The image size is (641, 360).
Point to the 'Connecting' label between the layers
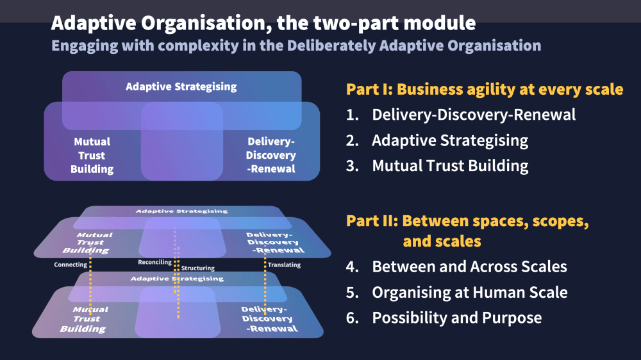click(x=71, y=265)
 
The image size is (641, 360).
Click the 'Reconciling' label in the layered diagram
click(x=155, y=262)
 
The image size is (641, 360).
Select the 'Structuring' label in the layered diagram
click(x=198, y=268)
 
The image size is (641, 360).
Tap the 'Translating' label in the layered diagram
click(x=284, y=265)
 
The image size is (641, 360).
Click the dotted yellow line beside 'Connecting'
click(x=90, y=282)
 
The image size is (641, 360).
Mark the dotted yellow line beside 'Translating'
click(x=265, y=282)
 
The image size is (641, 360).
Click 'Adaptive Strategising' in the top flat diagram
click(x=181, y=86)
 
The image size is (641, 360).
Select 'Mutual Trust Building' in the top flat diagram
click(x=92, y=156)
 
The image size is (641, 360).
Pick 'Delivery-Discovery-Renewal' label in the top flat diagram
click(x=271, y=156)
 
